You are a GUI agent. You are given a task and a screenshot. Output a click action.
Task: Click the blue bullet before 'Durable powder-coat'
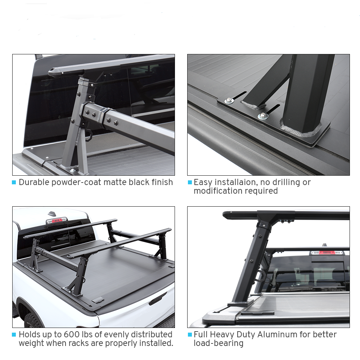click(x=14, y=183)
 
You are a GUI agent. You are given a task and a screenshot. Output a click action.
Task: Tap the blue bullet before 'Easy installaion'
click(x=190, y=183)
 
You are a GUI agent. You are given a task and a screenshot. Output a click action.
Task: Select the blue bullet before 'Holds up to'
click(x=14, y=335)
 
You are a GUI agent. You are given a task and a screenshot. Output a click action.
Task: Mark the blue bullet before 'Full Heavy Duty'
click(x=190, y=335)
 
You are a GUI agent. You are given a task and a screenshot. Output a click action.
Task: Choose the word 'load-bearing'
click(x=219, y=343)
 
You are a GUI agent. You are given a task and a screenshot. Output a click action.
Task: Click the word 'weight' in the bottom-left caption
click(x=31, y=343)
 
